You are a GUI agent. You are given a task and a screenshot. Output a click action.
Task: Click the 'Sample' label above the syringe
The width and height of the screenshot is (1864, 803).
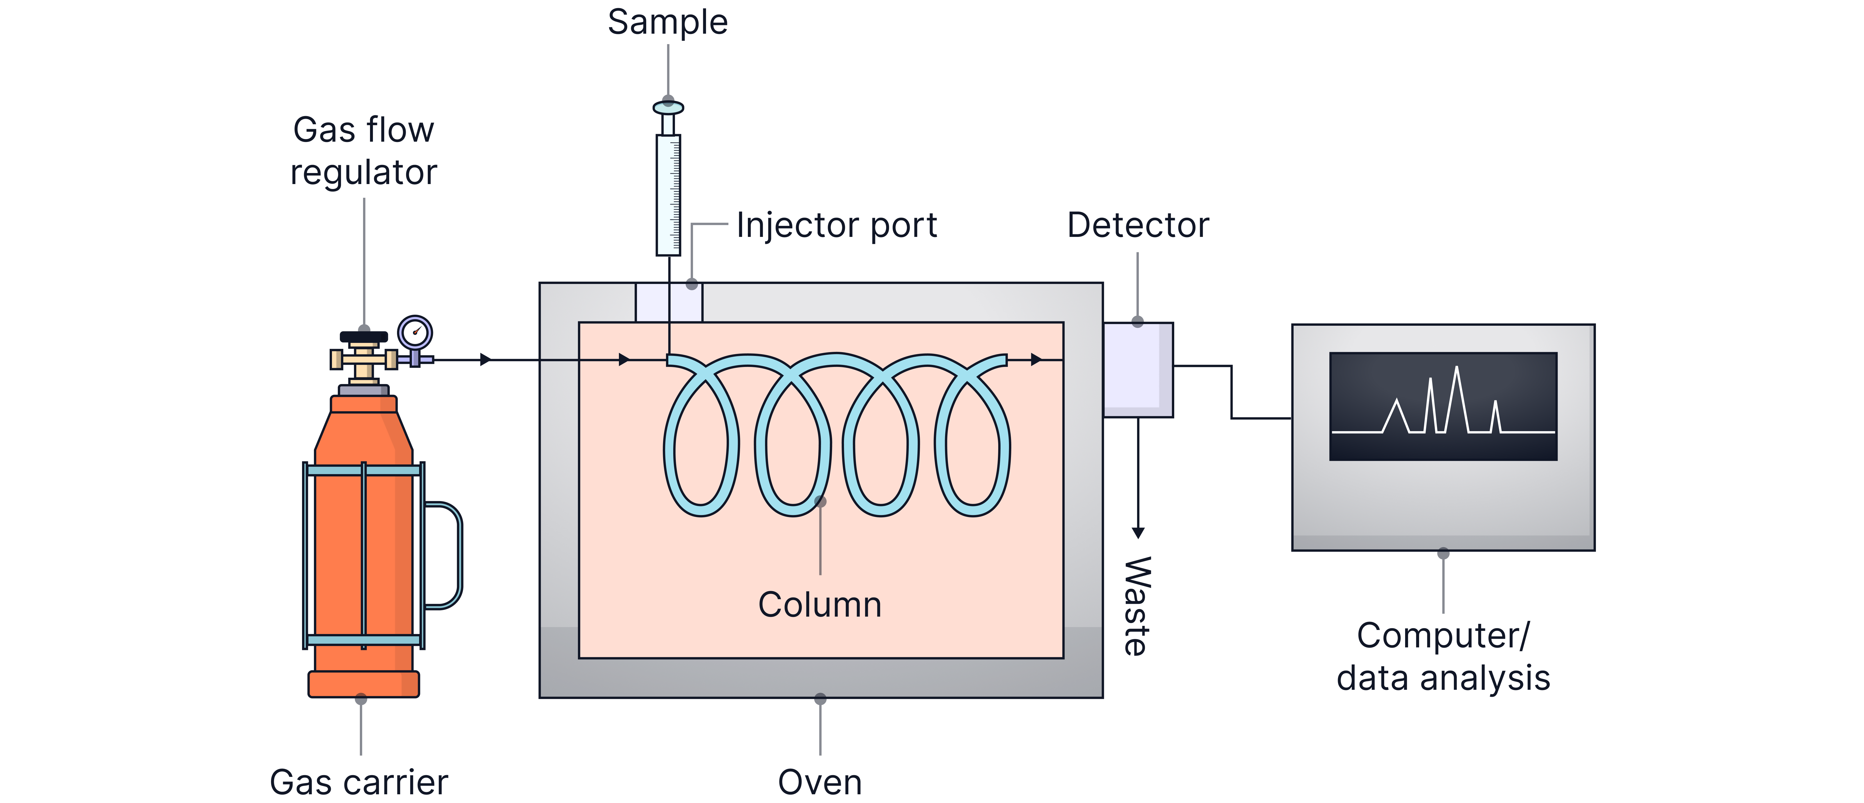(667, 22)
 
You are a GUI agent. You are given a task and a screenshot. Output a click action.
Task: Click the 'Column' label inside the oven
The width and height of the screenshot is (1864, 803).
(820, 605)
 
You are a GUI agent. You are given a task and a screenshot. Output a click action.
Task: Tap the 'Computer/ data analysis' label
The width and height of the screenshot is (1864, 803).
(1443, 657)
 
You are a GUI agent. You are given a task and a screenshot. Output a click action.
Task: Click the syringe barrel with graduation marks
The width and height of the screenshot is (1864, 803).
(668, 195)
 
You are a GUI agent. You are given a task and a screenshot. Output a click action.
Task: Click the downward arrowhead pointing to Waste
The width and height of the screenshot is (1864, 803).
(1138, 533)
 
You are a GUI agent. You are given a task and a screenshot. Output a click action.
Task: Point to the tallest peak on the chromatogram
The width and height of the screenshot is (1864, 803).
(1456, 370)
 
